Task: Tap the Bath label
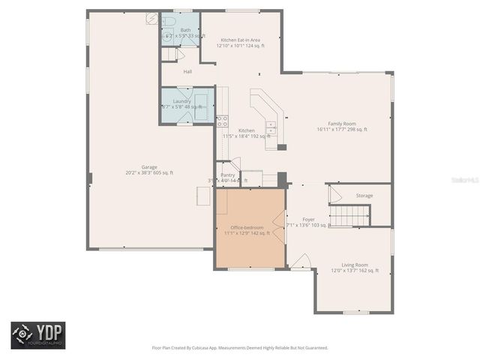pyautogui.click(x=185, y=30)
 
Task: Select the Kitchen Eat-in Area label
pyautogui.click(x=241, y=40)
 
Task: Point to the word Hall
pyautogui.click(x=188, y=72)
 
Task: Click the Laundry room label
pyautogui.click(x=181, y=101)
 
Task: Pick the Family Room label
pyautogui.click(x=342, y=124)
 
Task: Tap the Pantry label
pyautogui.click(x=227, y=175)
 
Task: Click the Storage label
pyautogui.click(x=364, y=196)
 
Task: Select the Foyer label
pyautogui.click(x=308, y=220)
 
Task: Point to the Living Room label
pyautogui.click(x=355, y=265)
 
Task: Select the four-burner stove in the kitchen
pyautogui.click(x=223, y=121)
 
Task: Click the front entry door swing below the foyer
pyautogui.click(x=301, y=261)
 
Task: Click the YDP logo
pyautogui.click(x=37, y=334)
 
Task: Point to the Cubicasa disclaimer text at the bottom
pyautogui.click(x=240, y=348)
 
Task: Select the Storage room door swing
pyautogui.click(x=335, y=195)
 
